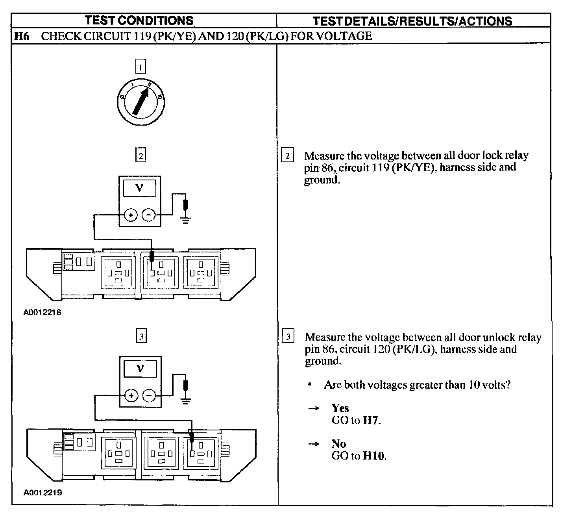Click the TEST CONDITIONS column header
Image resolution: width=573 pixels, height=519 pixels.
(x=139, y=20)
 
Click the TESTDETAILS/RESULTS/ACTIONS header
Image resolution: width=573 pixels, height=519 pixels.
(x=412, y=21)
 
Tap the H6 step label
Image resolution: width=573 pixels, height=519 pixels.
(x=22, y=36)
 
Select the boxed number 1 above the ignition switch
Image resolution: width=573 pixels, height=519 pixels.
(x=140, y=66)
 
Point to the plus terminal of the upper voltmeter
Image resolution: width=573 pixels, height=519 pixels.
(x=131, y=215)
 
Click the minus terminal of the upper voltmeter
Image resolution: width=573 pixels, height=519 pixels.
(x=148, y=215)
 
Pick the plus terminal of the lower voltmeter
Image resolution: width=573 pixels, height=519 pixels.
(x=131, y=395)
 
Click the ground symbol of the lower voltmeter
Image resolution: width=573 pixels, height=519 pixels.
(x=186, y=400)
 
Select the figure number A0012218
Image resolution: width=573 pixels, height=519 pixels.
(x=43, y=313)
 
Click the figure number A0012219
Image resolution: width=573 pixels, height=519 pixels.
(x=43, y=493)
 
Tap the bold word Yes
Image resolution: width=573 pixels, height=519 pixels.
(x=340, y=408)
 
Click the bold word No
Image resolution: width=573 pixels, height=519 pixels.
(x=338, y=444)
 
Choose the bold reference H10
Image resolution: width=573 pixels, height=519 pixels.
(x=373, y=456)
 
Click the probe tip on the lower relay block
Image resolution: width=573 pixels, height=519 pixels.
(x=192, y=438)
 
